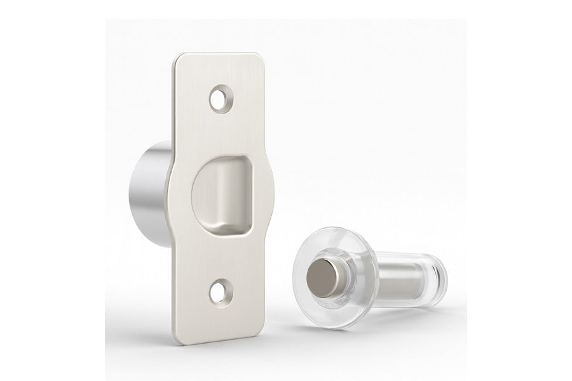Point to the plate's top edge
[222, 54]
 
